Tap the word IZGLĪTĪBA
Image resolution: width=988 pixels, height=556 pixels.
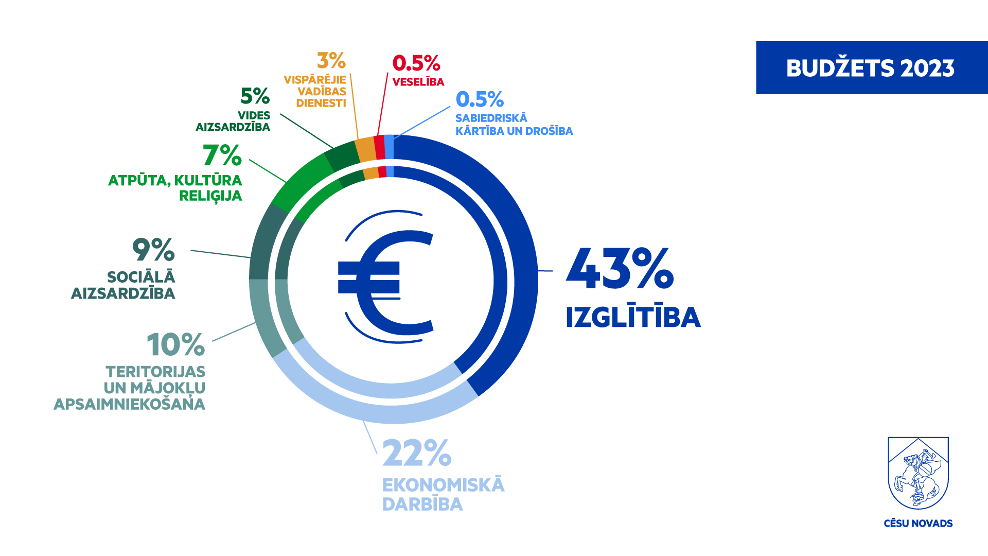point(633,317)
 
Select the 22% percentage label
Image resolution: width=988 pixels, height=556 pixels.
point(416,454)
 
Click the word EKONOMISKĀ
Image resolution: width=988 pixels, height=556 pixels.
point(443,485)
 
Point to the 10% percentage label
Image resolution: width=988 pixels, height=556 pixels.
point(175,345)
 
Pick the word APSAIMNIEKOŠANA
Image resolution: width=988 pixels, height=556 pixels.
point(129,404)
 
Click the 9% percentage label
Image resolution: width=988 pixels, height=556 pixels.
point(153,250)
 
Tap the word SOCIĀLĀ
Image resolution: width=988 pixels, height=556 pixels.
point(141,277)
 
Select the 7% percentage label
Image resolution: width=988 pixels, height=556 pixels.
point(222,155)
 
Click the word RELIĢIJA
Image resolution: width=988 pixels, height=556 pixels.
point(210,196)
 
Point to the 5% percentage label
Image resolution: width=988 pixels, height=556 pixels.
point(255,96)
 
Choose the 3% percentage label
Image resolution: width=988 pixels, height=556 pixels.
point(331,61)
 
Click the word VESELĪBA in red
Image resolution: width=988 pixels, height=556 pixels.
point(418,82)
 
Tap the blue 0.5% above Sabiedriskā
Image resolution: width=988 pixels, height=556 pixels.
point(480,99)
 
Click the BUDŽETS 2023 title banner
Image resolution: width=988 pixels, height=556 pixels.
point(871,68)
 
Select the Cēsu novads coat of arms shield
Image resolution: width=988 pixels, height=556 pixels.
point(918,473)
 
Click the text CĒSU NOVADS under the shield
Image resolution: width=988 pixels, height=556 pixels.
point(918,524)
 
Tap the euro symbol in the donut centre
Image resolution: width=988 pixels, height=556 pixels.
point(386,281)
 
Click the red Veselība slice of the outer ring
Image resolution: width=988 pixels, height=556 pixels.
point(379,147)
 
